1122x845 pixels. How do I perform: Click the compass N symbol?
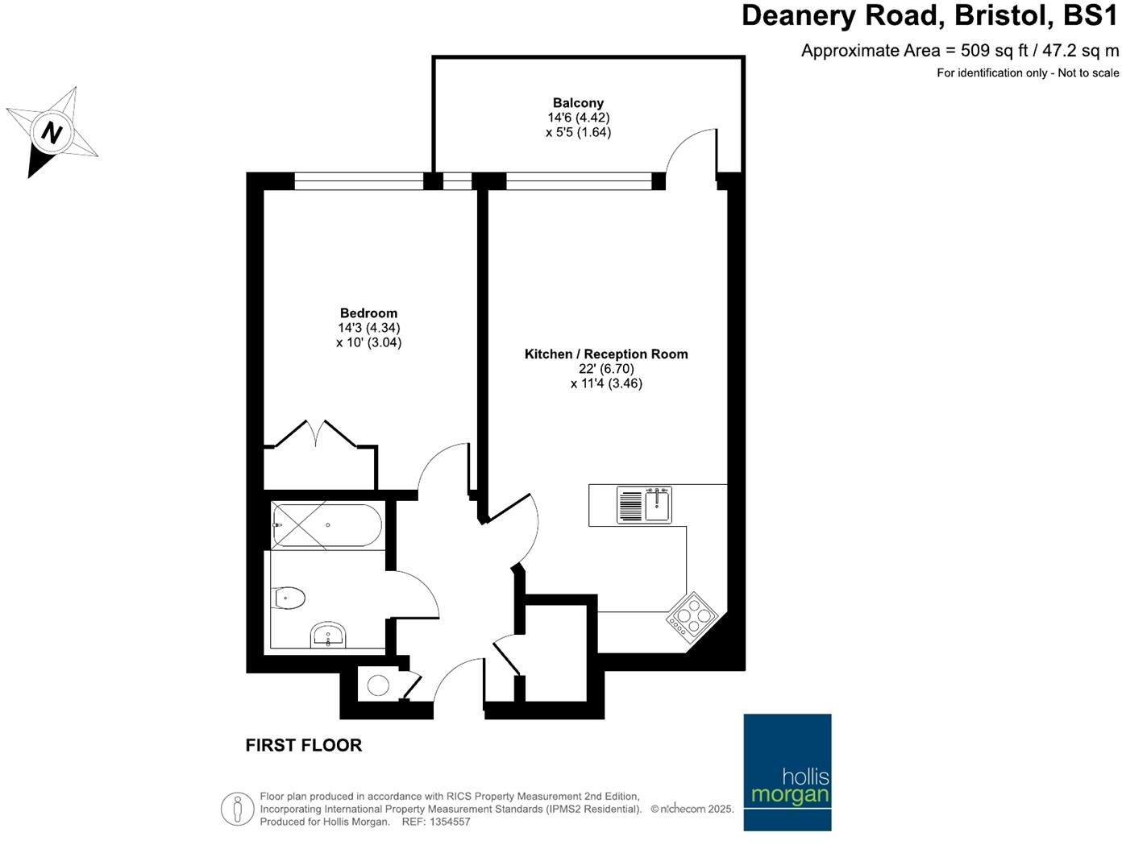(52, 131)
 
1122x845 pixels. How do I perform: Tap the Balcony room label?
(578, 103)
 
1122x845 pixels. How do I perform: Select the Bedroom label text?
(368, 313)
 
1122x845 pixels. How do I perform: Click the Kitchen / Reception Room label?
(606, 354)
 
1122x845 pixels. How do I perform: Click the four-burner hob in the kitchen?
(692, 618)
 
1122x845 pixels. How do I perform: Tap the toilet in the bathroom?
(289, 598)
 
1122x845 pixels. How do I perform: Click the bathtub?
(326, 525)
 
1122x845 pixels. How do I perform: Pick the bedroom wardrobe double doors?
(315, 433)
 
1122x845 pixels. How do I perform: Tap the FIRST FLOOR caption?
(304, 746)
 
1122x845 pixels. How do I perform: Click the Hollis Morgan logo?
(787, 772)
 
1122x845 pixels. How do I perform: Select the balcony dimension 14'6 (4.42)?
(578, 118)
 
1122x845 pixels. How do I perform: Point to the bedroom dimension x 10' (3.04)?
(368, 342)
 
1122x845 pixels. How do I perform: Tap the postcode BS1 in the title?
(1091, 15)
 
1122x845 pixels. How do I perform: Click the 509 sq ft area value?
(995, 51)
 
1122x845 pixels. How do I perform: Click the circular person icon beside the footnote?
(237, 808)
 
